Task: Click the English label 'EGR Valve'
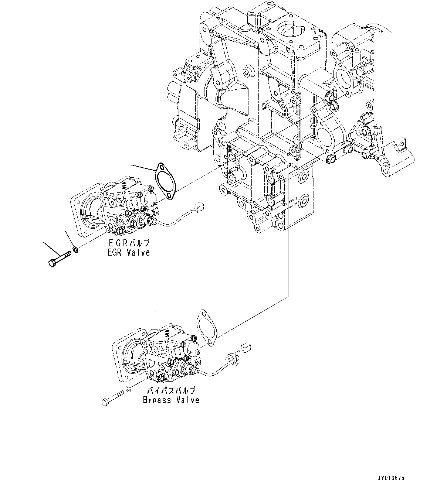129,253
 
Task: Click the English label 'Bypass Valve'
171,400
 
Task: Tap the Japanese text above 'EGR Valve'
129,243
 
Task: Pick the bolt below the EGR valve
59,259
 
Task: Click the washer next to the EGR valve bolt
75,250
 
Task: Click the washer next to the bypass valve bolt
128,389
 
